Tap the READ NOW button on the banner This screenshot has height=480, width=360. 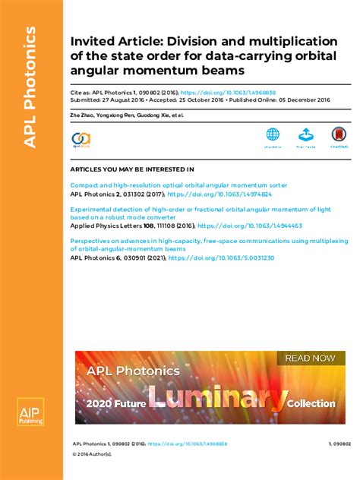coord(308,358)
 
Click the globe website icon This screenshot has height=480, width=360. coord(273,135)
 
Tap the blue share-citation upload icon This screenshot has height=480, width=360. coord(305,135)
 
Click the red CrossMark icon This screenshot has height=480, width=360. coord(339,135)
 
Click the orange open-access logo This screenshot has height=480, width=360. coord(81,138)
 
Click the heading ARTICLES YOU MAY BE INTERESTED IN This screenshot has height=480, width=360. coord(131,169)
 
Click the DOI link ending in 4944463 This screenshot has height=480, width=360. coord(254,226)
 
